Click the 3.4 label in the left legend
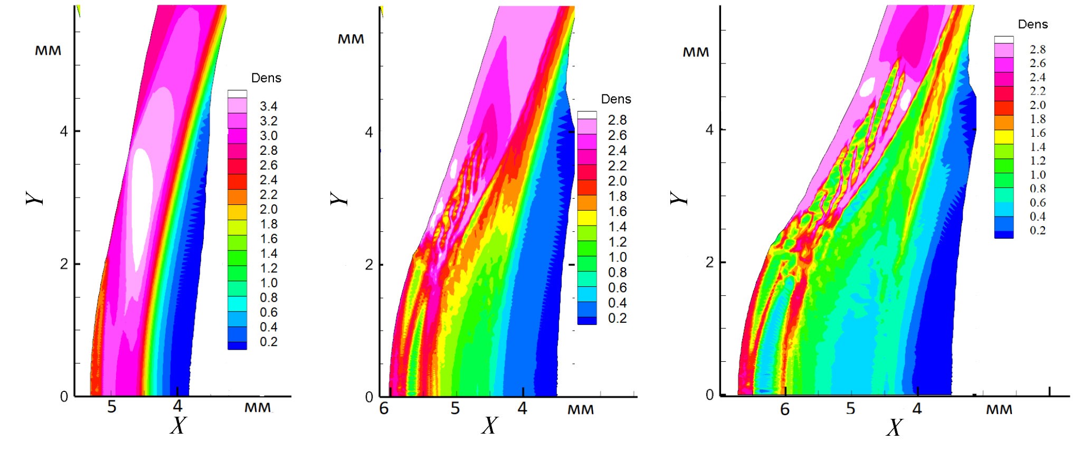click(268, 106)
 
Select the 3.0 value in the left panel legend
click(268, 136)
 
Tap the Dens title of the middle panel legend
click(616, 99)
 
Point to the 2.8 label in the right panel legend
click(1037, 50)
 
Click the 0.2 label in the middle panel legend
click(617, 318)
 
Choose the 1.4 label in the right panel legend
click(1037, 147)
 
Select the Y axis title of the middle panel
click(340, 198)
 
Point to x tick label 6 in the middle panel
click(384, 408)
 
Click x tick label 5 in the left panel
click(112, 407)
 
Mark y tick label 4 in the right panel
click(709, 129)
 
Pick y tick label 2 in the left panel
click(64, 264)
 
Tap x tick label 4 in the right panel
click(917, 408)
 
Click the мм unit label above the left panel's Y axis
click(48, 51)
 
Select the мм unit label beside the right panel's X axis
click(999, 409)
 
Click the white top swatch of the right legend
click(1003, 40)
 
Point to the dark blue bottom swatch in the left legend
click(237, 345)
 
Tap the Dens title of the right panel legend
click(1032, 24)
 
